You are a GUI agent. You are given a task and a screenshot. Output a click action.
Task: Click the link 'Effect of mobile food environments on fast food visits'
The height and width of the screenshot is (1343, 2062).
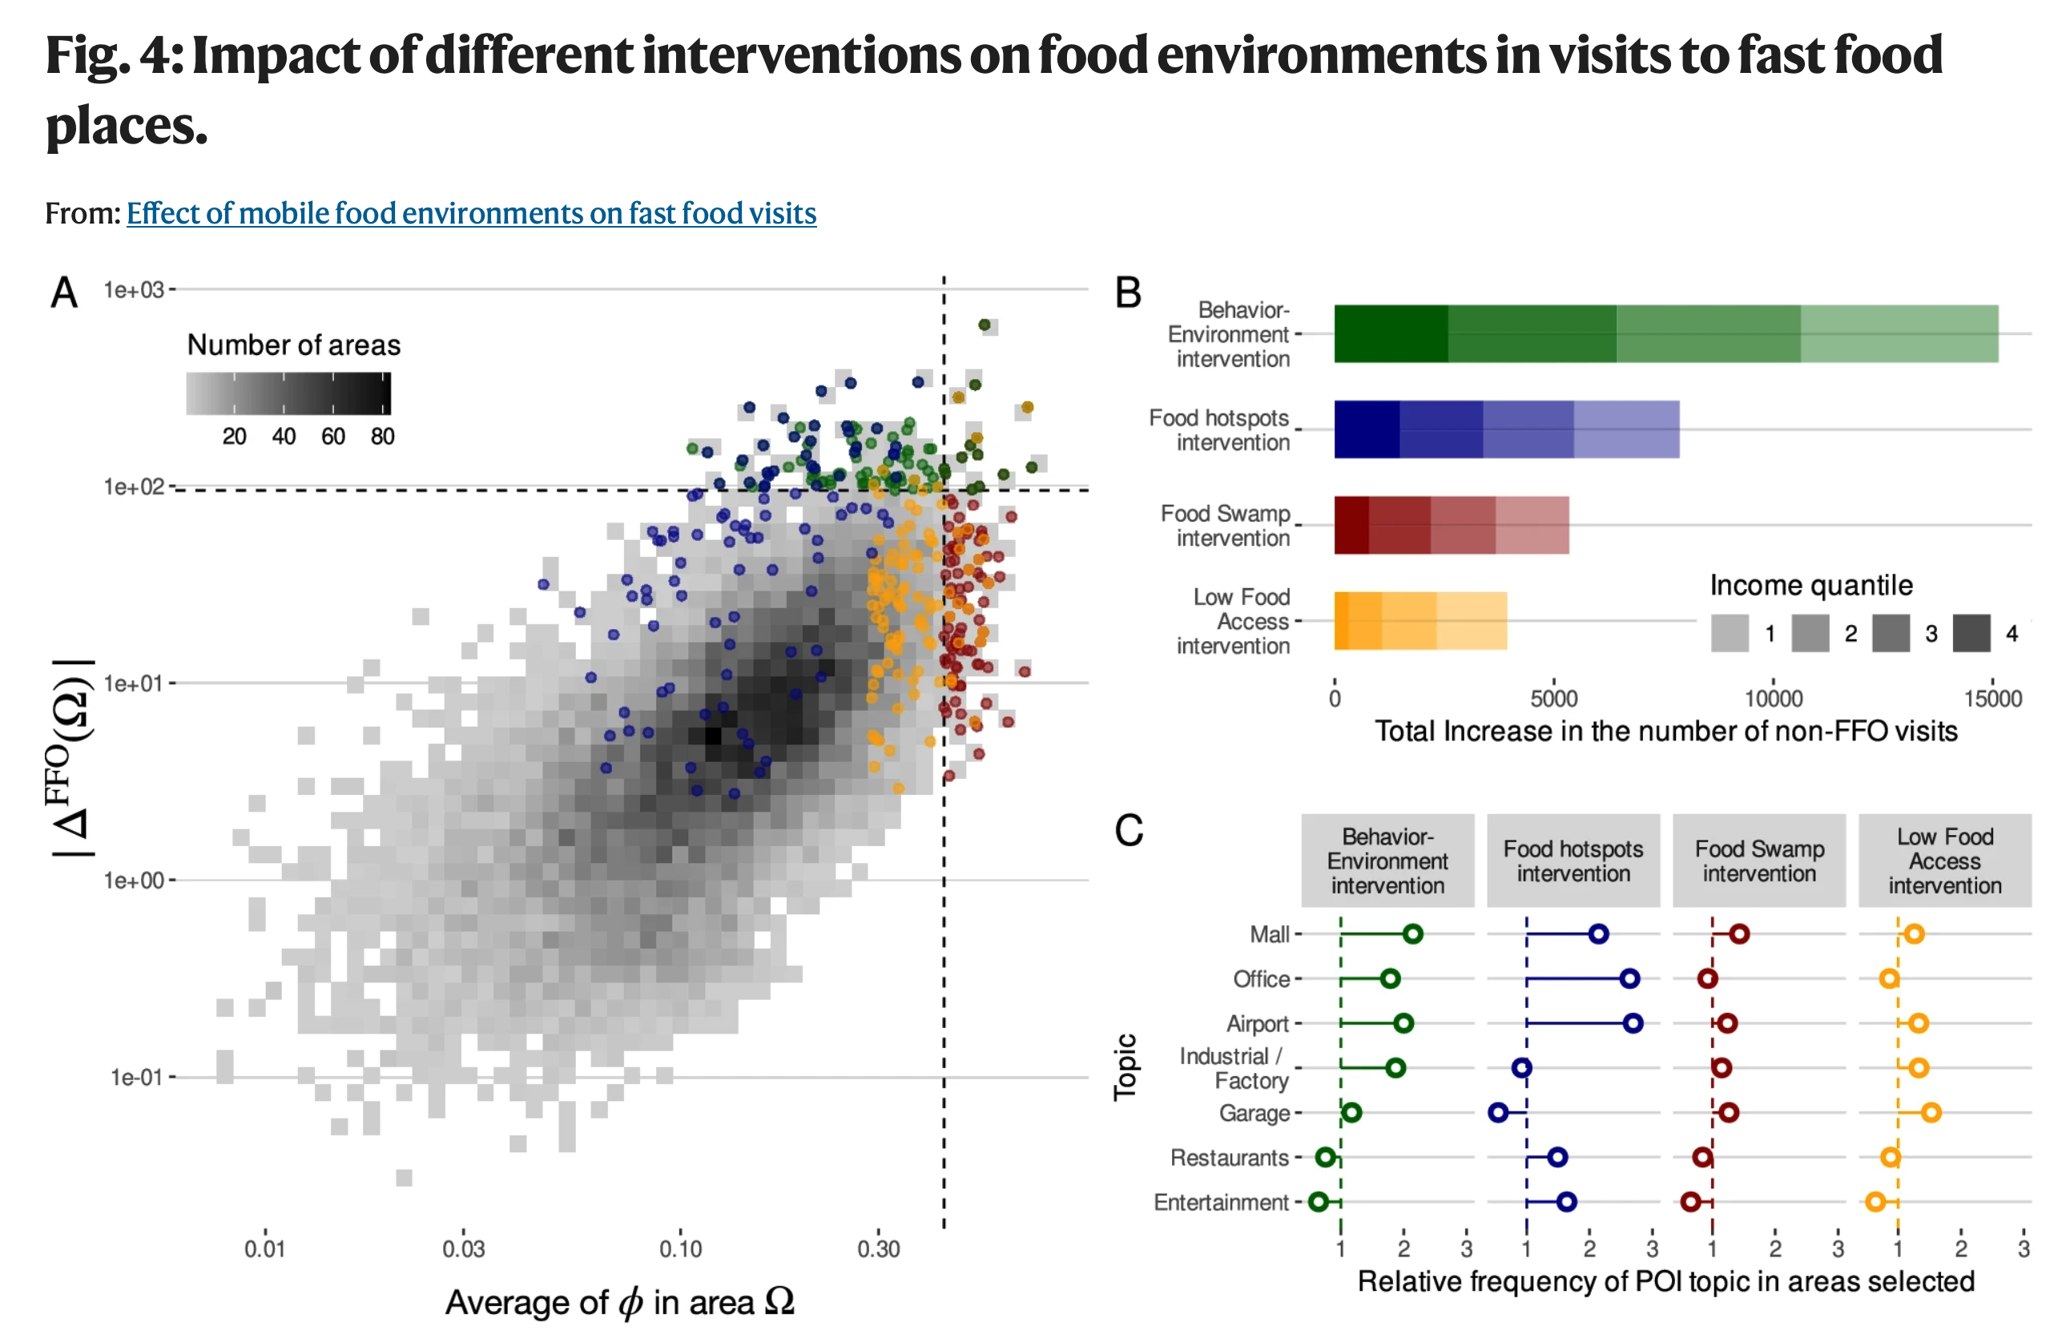(471, 213)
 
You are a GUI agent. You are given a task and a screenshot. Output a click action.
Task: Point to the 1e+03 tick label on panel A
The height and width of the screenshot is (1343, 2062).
(134, 290)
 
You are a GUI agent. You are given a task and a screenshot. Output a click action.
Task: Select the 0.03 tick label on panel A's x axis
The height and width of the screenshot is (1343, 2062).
(464, 1248)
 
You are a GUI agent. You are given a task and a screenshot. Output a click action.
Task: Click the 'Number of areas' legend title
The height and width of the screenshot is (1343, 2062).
(294, 345)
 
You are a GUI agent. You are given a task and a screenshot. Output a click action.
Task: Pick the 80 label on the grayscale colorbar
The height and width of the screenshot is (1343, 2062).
(382, 437)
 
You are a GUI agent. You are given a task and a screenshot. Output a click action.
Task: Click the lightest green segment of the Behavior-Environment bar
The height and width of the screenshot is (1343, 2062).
(1899, 333)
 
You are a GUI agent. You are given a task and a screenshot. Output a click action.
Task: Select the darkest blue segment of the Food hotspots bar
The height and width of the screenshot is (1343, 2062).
(1367, 429)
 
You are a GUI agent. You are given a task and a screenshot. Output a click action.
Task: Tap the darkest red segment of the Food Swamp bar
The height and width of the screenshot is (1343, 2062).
(1351, 525)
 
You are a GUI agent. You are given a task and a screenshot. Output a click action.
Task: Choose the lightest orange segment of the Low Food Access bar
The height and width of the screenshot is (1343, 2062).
(1471, 620)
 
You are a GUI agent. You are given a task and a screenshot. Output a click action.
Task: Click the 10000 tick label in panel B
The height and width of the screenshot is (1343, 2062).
(1773, 700)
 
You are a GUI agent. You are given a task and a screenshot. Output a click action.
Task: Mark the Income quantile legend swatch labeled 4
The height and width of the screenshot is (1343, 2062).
(1971, 633)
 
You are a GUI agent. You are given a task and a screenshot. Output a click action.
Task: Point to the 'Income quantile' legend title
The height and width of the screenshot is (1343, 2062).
(1810, 586)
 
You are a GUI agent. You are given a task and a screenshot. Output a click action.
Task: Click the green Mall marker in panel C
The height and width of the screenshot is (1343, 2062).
(1412, 934)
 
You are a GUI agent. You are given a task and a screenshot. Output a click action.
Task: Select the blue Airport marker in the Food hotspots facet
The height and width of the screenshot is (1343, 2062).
(1633, 1023)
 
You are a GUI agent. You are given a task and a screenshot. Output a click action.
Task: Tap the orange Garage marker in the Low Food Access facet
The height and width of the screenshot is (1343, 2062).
(1931, 1112)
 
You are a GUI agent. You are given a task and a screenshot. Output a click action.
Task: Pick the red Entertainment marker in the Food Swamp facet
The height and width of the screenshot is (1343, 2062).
(1689, 1202)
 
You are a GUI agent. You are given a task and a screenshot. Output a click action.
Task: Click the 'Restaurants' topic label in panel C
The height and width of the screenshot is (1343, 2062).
(1229, 1158)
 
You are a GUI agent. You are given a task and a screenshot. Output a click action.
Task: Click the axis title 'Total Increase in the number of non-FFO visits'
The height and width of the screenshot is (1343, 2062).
(1665, 732)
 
